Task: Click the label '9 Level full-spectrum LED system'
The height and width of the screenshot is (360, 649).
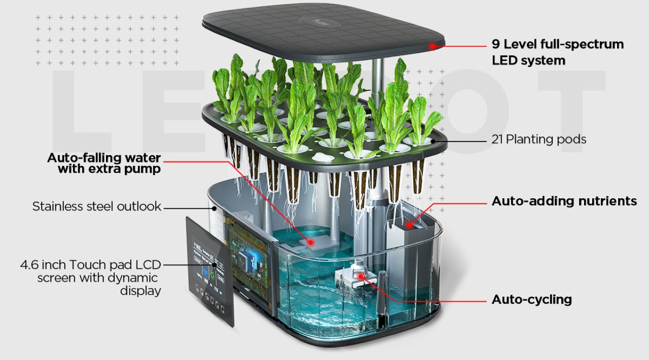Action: [x=558, y=52]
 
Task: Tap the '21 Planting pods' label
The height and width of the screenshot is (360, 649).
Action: [x=538, y=139]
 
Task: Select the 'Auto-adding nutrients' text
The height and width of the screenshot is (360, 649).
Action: [x=564, y=201]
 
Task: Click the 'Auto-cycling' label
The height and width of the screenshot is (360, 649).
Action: [x=532, y=300]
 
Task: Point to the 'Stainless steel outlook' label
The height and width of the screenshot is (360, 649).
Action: [x=96, y=206]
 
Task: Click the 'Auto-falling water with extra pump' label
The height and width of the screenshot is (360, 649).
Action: [x=104, y=163]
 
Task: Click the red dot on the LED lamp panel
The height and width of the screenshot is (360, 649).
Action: [x=432, y=46]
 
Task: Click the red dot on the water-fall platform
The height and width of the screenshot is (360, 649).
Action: [x=311, y=242]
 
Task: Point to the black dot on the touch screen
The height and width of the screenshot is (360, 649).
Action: [x=214, y=264]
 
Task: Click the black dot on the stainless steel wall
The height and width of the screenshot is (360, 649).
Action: [x=214, y=207]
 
